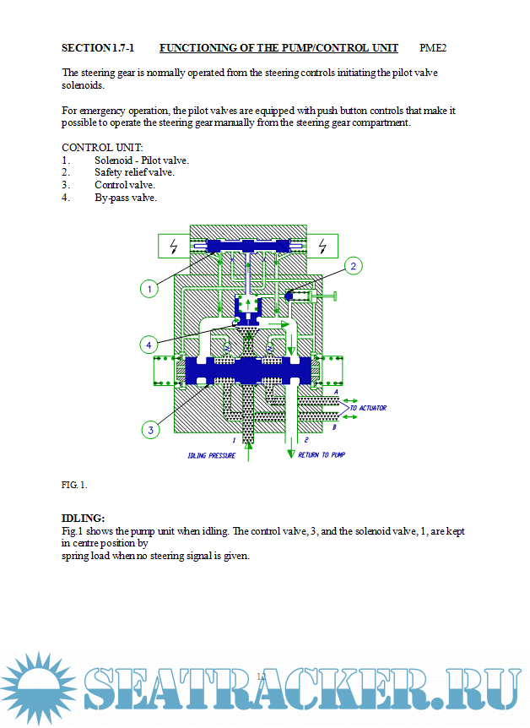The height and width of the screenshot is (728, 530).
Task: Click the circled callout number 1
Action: click(x=149, y=289)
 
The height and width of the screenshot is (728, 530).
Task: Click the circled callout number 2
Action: click(x=354, y=266)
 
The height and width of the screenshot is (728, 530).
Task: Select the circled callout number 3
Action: click(x=150, y=429)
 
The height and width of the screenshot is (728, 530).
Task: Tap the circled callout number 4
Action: click(x=149, y=345)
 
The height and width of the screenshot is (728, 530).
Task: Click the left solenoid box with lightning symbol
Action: click(x=173, y=246)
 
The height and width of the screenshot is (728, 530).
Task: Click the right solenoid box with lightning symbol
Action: click(x=323, y=246)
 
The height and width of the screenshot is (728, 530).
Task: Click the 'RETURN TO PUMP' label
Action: click(x=322, y=454)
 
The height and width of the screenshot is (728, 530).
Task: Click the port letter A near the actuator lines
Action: click(x=336, y=393)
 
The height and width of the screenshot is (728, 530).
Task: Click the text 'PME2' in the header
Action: click(x=432, y=48)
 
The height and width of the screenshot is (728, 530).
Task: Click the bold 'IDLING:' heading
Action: click(x=83, y=518)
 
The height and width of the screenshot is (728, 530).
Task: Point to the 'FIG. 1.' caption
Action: click(x=74, y=485)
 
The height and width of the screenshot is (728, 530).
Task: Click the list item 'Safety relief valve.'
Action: click(x=133, y=172)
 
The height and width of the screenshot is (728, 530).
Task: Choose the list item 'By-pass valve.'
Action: click(x=125, y=198)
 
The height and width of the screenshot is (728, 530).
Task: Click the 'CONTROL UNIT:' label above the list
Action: click(x=95, y=148)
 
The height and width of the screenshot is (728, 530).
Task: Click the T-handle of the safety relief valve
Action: click(x=335, y=296)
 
